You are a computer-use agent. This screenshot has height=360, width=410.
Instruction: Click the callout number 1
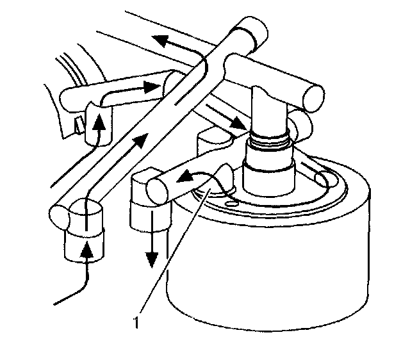[136, 322]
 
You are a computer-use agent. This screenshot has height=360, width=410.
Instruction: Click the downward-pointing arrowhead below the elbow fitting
[152, 260]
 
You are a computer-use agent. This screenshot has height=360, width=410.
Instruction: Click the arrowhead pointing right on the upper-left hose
[151, 87]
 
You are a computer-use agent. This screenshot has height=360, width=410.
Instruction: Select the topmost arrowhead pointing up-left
[161, 41]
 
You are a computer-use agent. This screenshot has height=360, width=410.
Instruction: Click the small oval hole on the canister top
[231, 203]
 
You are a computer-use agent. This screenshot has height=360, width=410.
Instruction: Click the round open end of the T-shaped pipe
[314, 99]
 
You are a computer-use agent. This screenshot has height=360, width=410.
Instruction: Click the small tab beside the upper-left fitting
[79, 125]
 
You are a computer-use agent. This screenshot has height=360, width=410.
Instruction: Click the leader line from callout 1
[175, 250]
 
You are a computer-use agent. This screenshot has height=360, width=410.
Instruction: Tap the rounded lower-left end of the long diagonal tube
[59, 218]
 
